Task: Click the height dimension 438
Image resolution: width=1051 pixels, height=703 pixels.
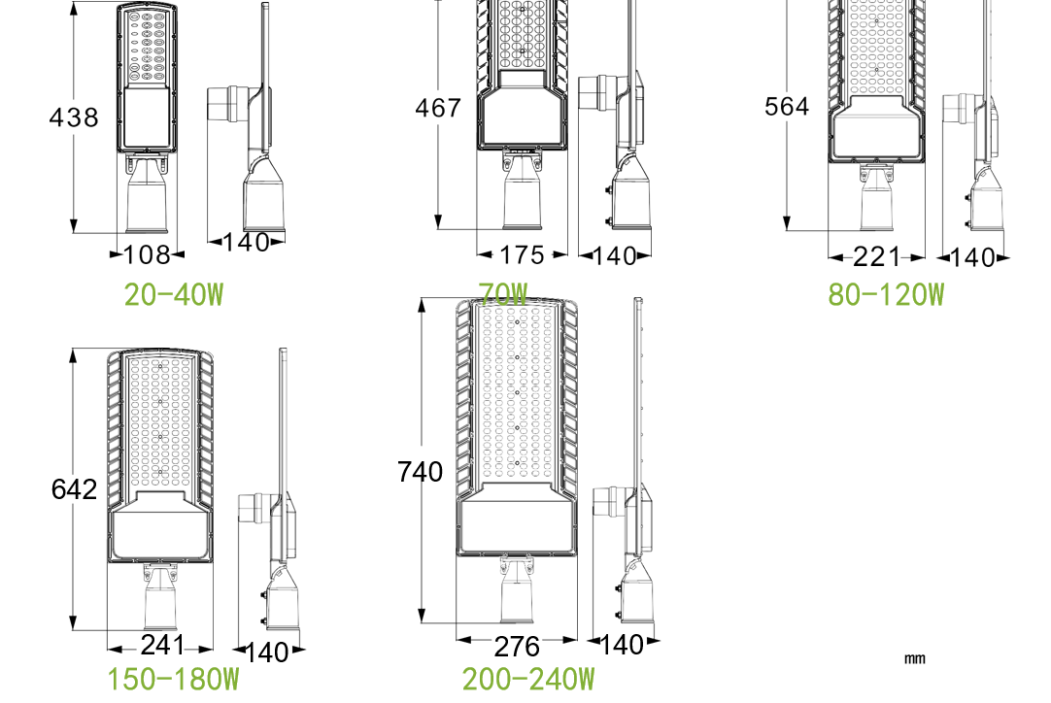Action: coord(74,117)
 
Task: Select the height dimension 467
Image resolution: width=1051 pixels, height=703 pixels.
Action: coord(438,108)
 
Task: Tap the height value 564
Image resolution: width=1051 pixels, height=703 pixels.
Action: coord(786,107)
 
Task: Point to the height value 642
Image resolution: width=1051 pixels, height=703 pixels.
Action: coord(74,488)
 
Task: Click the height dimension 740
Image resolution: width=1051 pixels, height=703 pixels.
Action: coord(420,472)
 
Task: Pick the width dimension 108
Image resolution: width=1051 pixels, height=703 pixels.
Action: coord(148,255)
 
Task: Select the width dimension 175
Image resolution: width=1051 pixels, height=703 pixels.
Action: coord(523,255)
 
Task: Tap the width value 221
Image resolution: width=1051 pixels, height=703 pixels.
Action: coord(876,257)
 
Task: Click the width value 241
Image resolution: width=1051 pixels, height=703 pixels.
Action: coord(161,645)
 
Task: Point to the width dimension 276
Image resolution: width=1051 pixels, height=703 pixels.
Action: coord(517,646)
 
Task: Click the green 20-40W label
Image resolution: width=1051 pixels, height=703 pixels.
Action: coord(174,294)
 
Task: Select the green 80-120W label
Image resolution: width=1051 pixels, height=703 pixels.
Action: coord(886,294)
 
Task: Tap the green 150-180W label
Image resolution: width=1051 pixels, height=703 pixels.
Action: coord(174,680)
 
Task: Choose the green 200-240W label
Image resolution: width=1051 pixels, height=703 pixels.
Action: coord(528,680)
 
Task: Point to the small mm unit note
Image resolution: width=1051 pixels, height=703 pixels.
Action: coord(914,658)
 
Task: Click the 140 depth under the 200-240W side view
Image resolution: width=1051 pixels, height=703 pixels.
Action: coord(623,644)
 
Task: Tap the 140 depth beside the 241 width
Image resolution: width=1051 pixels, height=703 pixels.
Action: coord(266,652)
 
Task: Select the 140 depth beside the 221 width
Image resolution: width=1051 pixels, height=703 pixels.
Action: coord(973,257)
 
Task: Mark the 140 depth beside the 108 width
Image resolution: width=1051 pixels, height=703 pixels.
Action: coord(246,243)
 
